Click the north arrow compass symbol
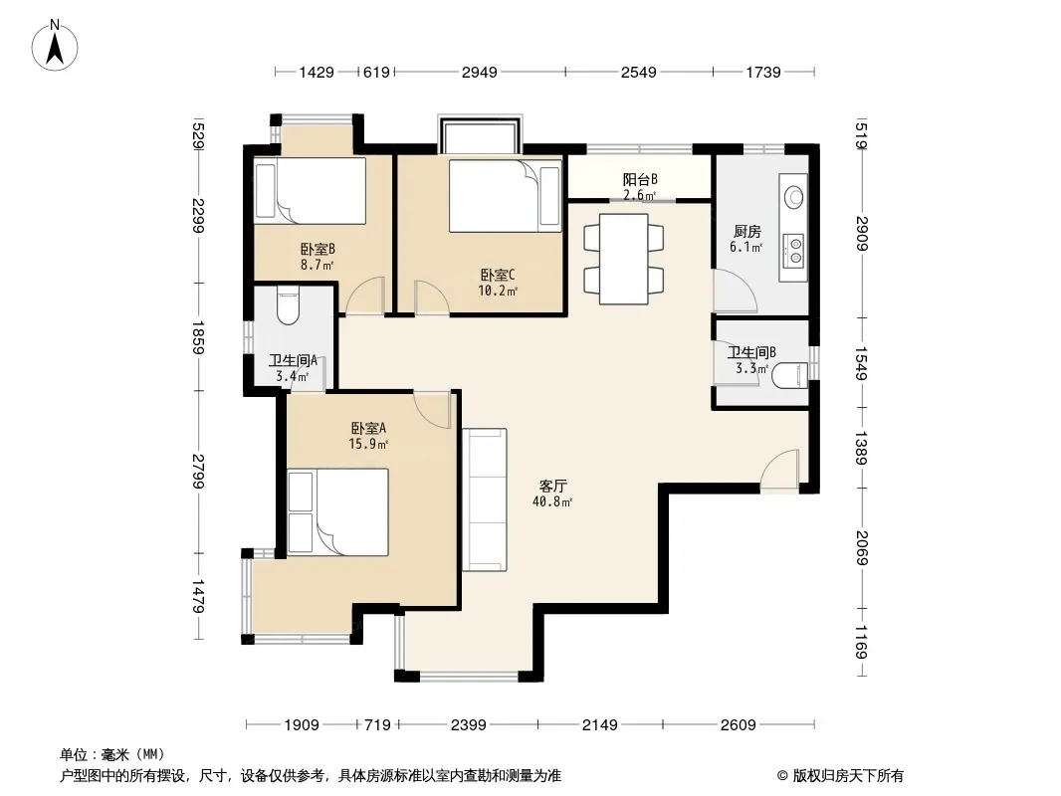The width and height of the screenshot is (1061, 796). point(55,45)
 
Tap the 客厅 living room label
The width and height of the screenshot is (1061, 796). point(552,486)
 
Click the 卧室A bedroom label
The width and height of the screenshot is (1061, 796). point(368,428)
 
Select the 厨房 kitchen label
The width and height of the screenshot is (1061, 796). point(746,232)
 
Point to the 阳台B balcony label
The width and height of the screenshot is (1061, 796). point(639,179)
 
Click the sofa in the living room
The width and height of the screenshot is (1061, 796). point(485,499)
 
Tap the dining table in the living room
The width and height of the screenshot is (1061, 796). point(624,259)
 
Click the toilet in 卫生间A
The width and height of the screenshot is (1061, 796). point(288,305)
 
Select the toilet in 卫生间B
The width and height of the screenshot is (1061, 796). point(789,377)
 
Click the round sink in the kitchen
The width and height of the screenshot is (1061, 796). point(793,197)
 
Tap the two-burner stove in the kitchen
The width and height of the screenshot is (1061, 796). point(793,249)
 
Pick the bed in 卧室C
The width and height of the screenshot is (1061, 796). point(506,195)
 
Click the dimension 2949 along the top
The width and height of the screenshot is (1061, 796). point(479,72)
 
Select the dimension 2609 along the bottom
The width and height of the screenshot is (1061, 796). point(738,725)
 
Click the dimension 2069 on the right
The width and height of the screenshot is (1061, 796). point(861,547)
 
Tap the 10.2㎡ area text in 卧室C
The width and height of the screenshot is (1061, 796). point(498,291)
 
